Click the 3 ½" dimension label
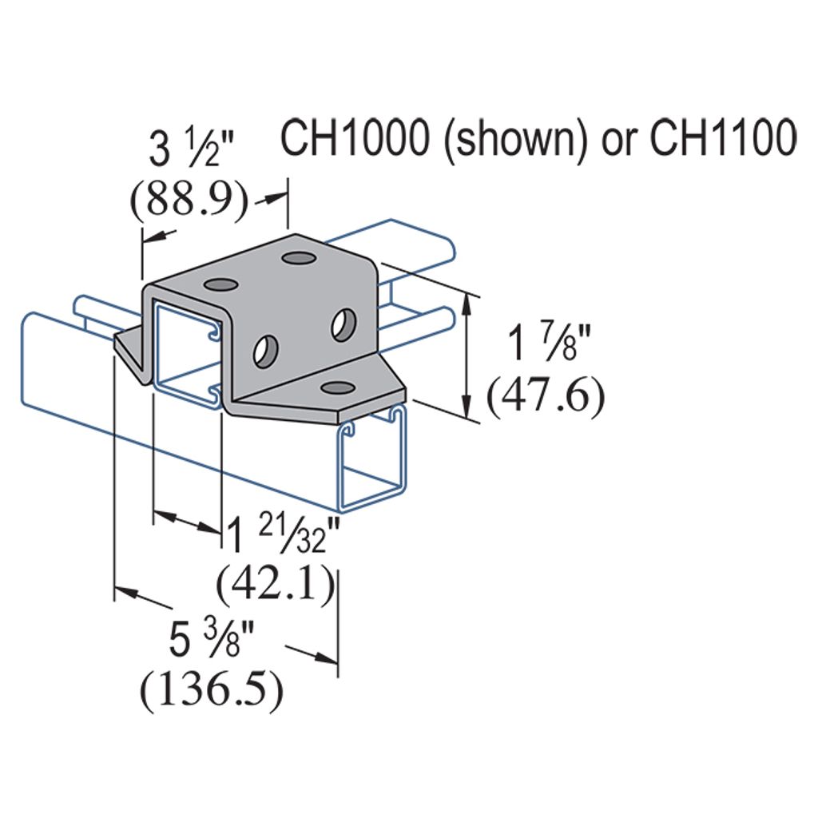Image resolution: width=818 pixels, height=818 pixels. [x=192, y=149]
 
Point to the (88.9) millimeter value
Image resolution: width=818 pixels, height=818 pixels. [x=189, y=200]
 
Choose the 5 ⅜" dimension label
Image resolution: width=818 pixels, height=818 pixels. [x=211, y=640]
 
